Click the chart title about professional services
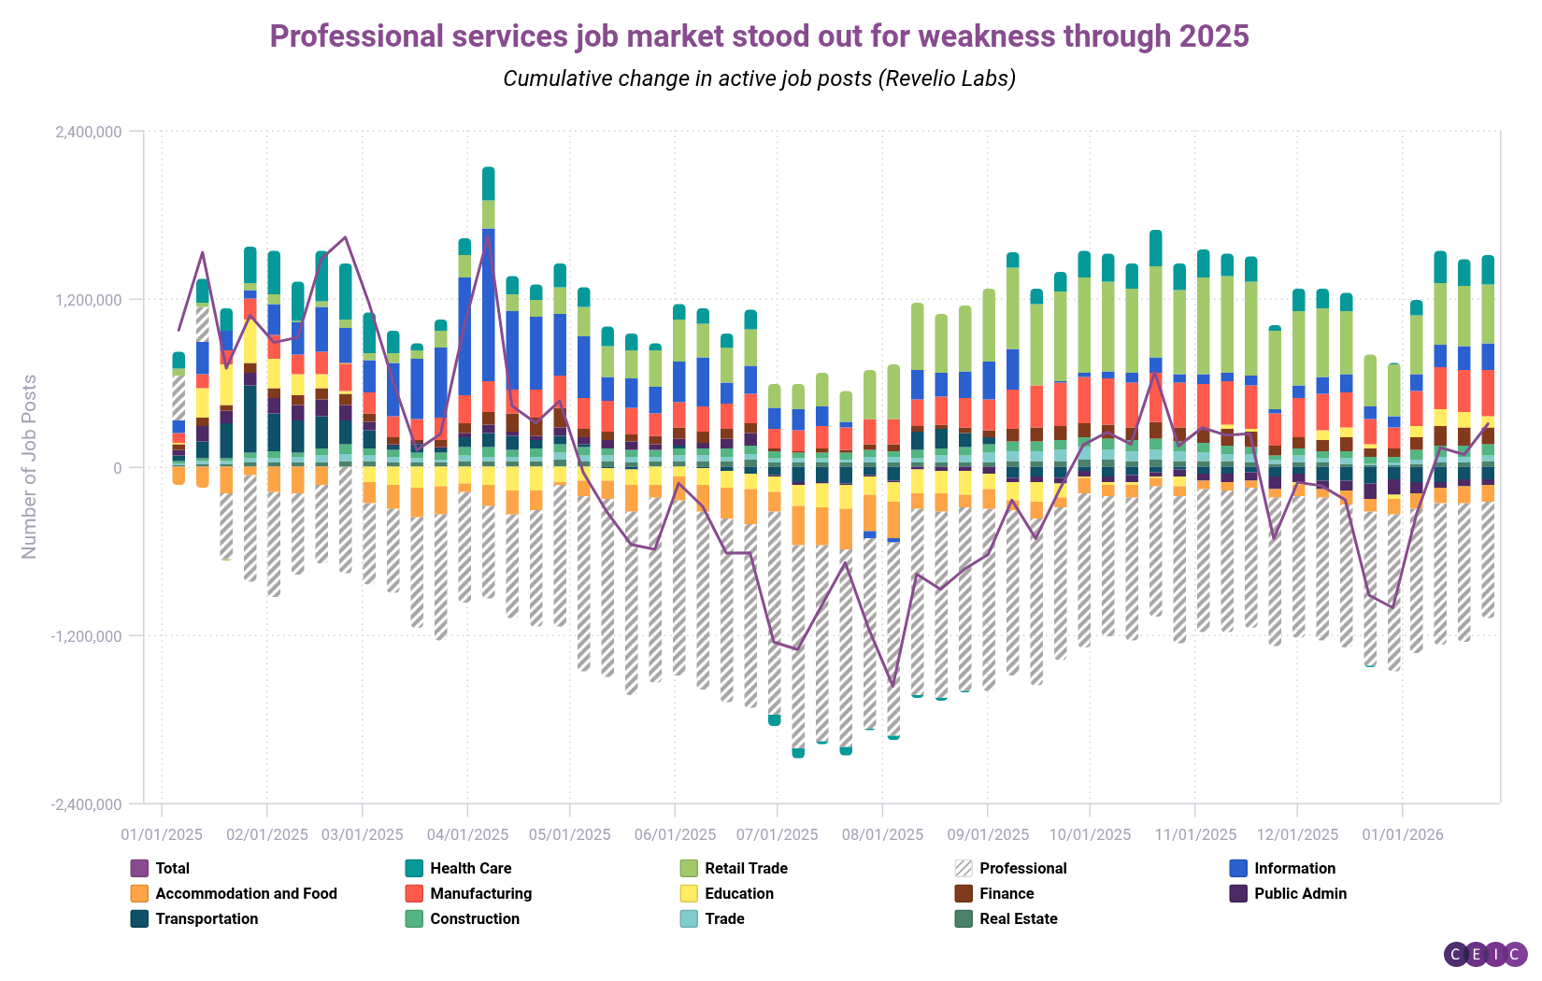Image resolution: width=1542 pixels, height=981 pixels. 759,36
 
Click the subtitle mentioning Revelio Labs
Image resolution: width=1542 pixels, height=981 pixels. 759,78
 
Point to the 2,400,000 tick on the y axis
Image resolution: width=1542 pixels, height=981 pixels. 89,132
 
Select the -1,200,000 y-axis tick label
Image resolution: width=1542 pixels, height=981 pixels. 86,636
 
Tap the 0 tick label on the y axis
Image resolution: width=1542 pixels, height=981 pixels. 118,468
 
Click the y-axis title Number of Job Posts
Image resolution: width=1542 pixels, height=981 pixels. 29,467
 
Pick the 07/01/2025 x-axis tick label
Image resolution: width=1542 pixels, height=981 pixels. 777,834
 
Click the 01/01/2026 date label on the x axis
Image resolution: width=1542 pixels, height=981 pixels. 1402,834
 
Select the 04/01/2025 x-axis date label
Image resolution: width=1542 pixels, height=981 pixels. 467,834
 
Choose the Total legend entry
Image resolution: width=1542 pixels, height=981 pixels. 172,868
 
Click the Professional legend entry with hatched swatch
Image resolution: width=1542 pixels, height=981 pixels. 1022,868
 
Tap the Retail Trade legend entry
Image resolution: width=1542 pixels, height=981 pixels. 746,868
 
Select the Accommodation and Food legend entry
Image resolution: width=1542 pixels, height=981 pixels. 246,893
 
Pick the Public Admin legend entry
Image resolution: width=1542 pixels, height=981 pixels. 1300,893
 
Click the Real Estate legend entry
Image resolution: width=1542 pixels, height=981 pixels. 1018,918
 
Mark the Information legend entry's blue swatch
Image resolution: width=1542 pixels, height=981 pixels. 1238,868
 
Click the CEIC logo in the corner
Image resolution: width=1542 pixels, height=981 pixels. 1485,954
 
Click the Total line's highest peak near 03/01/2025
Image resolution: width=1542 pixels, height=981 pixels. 346,237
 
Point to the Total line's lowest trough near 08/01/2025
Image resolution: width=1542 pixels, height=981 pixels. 892,686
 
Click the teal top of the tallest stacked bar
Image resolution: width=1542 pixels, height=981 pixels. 489,182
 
